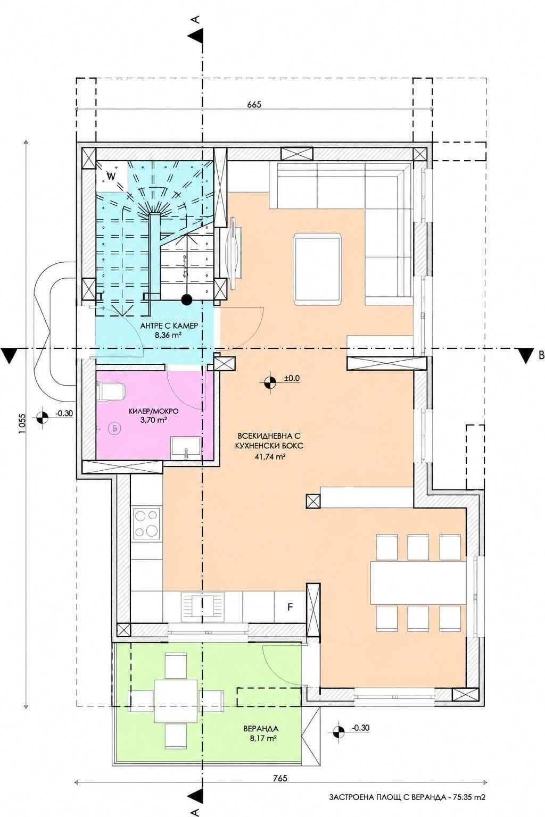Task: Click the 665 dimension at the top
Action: (x=254, y=104)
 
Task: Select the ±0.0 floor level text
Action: (x=292, y=378)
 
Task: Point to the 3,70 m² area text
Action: (x=154, y=420)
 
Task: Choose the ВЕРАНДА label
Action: (x=261, y=729)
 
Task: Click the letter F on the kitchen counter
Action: (x=290, y=607)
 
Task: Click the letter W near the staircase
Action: (x=111, y=176)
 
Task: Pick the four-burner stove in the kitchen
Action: (x=147, y=523)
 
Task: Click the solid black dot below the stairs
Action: (x=187, y=300)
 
